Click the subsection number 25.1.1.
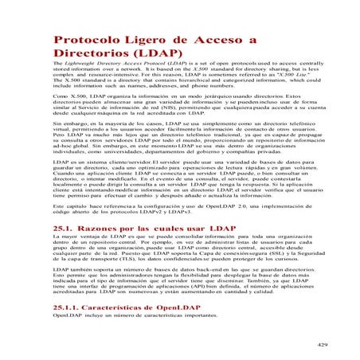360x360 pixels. [72, 307]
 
